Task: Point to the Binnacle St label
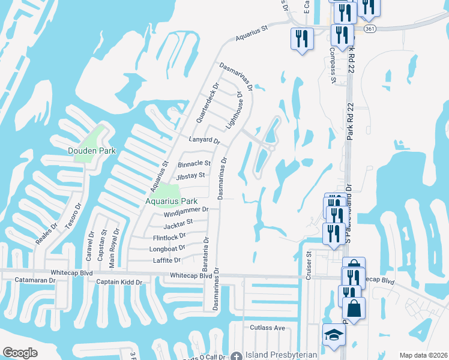click(194, 163)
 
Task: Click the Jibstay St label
click(191, 176)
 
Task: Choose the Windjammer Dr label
click(185, 209)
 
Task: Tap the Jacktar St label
click(178, 222)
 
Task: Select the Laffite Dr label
click(167, 260)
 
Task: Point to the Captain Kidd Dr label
click(119, 281)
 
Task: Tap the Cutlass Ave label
click(267, 328)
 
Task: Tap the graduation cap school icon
click(334, 335)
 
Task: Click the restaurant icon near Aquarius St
click(301, 39)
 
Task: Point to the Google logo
click(20, 353)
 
